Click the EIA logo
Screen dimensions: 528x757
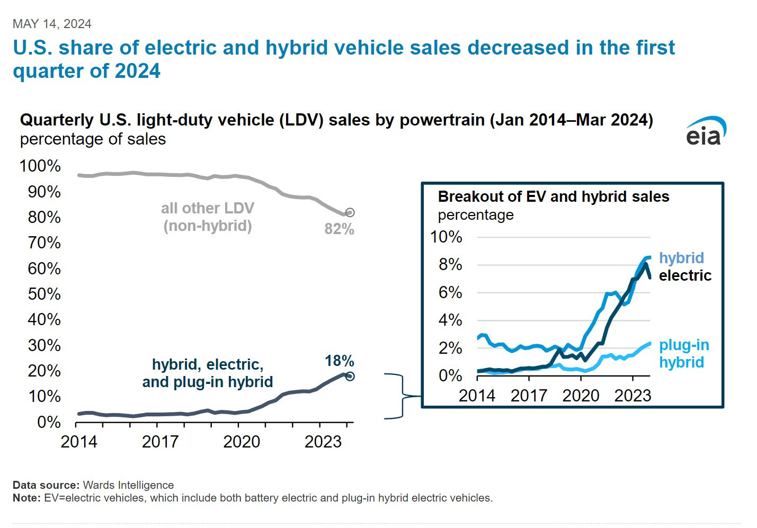click(x=706, y=132)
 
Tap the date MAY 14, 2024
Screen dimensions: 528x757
click(x=52, y=24)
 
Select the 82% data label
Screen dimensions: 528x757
click(x=339, y=229)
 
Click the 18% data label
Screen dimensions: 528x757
click(x=339, y=361)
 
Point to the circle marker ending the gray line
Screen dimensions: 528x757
click(x=350, y=212)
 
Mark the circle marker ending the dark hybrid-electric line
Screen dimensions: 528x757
click(x=350, y=377)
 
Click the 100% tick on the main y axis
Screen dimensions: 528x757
click(x=40, y=166)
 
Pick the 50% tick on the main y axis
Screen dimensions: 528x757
click(x=44, y=294)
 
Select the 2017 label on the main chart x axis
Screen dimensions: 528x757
click(x=160, y=442)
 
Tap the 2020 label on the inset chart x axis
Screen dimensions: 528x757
click(x=581, y=396)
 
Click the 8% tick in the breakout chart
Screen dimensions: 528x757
click(x=450, y=265)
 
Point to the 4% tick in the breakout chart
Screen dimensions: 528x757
click(x=450, y=320)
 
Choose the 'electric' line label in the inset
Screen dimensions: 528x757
click(x=685, y=275)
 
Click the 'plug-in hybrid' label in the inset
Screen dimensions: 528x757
click(x=683, y=354)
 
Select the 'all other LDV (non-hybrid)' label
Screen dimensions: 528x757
click(x=208, y=217)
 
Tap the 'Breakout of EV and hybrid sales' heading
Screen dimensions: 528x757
click(x=553, y=197)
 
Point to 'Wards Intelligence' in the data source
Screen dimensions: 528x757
click(x=128, y=485)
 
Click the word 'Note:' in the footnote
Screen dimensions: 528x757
click(x=26, y=498)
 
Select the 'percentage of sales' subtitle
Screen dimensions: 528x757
click(x=93, y=139)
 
